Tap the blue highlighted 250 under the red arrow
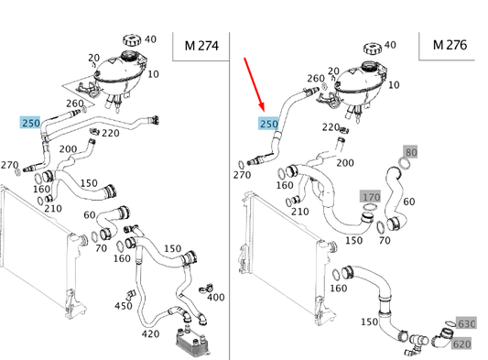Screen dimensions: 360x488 [x=269, y=124]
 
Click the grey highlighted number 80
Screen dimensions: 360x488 [x=410, y=151]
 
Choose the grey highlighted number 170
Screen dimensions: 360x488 [x=370, y=197]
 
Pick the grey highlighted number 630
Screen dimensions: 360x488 [x=466, y=323]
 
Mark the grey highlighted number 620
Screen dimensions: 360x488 [x=462, y=344]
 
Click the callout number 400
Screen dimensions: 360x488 [x=215, y=298]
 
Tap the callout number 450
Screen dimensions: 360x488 [x=122, y=306]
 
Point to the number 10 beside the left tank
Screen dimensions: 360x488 [x=151, y=74]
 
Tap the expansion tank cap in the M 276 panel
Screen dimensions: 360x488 [x=373, y=47]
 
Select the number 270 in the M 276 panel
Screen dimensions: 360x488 [x=242, y=175]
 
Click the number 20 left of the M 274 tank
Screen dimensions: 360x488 [x=93, y=57]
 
